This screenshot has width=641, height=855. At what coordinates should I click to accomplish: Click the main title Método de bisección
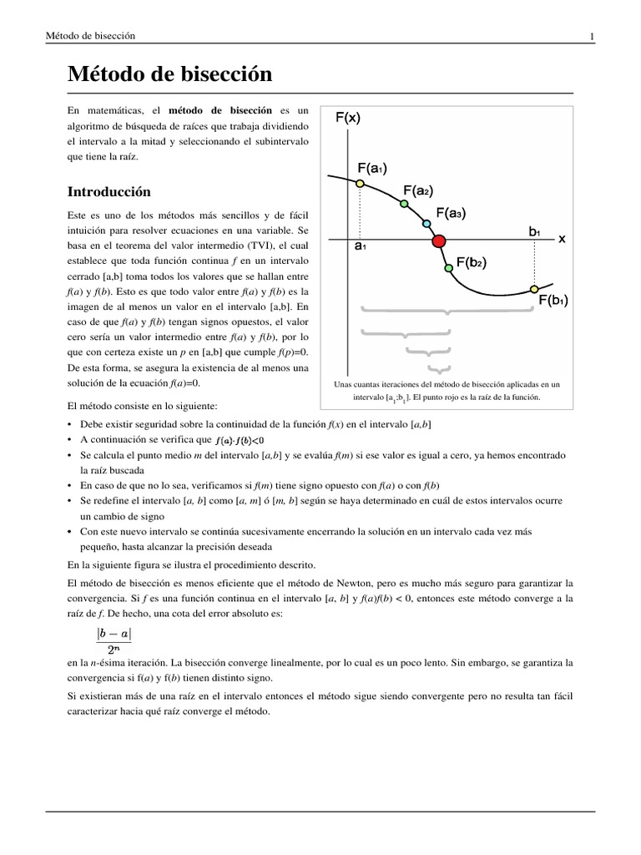[170, 74]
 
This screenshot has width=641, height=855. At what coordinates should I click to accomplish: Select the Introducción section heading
[109, 191]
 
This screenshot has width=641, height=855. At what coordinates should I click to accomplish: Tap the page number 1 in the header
[591, 36]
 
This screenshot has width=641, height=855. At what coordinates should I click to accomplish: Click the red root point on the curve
[438, 241]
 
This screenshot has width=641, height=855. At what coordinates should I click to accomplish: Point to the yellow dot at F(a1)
[360, 184]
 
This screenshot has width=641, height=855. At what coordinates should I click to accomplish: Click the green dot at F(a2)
[404, 204]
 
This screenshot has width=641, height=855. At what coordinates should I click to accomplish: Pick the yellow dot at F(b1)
[533, 290]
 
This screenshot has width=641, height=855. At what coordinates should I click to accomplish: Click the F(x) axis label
[348, 118]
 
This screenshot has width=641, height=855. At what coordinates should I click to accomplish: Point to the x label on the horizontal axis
[562, 239]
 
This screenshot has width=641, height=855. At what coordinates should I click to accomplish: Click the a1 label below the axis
[361, 248]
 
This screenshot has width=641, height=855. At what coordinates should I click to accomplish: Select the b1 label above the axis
[534, 230]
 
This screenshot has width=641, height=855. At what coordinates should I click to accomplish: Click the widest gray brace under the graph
[447, 311]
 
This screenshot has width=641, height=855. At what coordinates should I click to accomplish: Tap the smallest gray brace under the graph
[433, 368]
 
